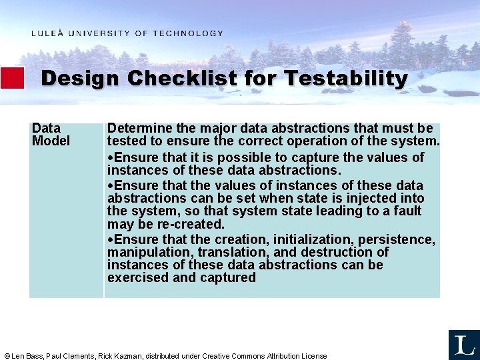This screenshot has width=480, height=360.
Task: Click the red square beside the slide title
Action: point(12,78)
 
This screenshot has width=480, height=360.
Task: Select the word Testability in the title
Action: point(345,79)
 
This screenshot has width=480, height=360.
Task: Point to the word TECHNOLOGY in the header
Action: point(188,33)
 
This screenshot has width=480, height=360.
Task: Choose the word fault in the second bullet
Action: point(407,211)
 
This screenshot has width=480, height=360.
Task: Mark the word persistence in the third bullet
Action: point(396,239)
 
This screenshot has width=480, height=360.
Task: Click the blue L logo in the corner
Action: point(464,344)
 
